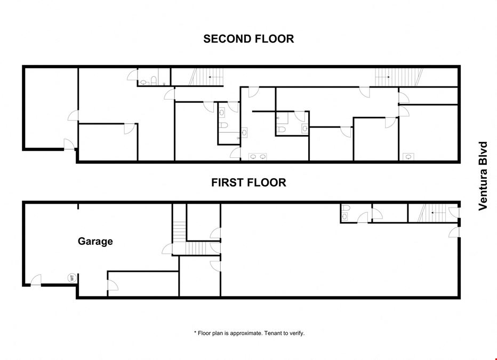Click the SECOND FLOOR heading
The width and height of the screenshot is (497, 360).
point(248,39)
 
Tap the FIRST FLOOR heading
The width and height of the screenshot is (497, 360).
point(249,182)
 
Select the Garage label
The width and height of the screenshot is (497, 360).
point(95,242)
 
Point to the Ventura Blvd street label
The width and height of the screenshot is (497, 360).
point(483,176)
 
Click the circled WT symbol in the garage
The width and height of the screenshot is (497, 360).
point(72,278)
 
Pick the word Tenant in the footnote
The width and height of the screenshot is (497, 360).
point(274,333)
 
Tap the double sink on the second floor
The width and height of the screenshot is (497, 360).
point(258,157)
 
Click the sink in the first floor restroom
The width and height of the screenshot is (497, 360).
point(344,217)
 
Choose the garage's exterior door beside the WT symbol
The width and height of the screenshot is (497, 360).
point(36,280)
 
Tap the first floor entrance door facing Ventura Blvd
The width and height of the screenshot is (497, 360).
point(454,232)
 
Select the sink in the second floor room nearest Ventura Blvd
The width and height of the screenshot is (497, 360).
point(408,157)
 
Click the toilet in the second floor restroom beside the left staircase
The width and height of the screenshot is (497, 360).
point(154,81)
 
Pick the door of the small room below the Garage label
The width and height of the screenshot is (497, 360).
point(113,285)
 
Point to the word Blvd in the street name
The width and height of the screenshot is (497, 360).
point(483,151)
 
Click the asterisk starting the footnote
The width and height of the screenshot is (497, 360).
point(195,332)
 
